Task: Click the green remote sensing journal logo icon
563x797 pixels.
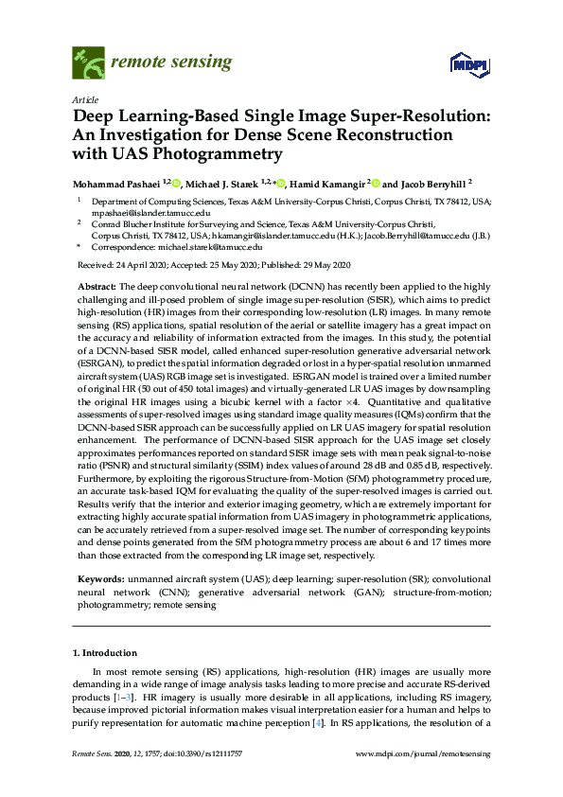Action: [88, 63]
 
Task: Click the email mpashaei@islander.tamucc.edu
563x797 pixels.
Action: [139, 213]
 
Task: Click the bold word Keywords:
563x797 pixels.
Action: [98, 577]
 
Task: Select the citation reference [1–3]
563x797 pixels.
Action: [120, 697]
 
